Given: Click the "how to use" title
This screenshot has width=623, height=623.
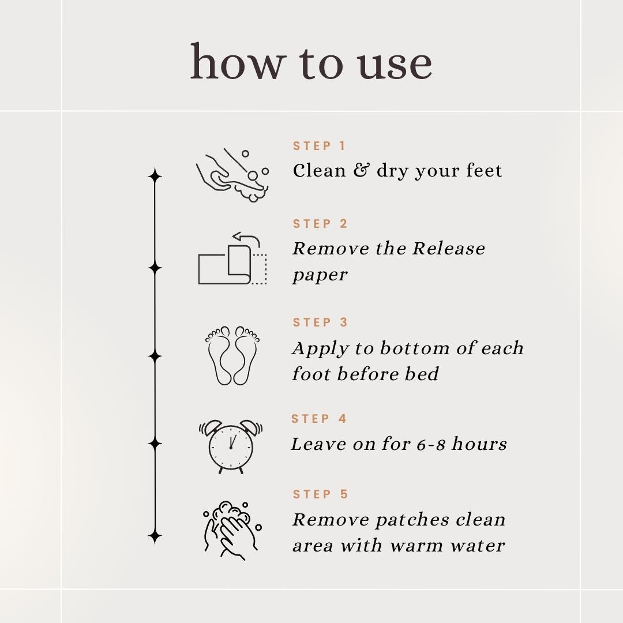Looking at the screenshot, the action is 311,62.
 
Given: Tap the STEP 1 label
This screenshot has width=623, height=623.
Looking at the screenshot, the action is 320,146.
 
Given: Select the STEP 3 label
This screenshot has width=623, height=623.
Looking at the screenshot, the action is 320,322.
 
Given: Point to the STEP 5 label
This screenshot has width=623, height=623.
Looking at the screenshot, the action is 320,494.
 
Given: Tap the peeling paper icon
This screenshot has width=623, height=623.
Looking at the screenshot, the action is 232,258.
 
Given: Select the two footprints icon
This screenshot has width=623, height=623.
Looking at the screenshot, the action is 233,355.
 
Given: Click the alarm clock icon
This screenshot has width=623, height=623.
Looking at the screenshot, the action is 231,446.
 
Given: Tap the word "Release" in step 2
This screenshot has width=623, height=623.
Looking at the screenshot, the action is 449,249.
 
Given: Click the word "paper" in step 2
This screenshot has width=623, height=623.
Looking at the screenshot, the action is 320,275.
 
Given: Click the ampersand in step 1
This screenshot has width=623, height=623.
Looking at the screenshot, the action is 361,170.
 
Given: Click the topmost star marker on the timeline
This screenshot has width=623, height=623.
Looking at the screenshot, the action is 155,175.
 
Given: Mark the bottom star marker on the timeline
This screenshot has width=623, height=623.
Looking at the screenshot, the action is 155,537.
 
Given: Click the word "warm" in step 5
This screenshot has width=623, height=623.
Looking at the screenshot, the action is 416,546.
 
